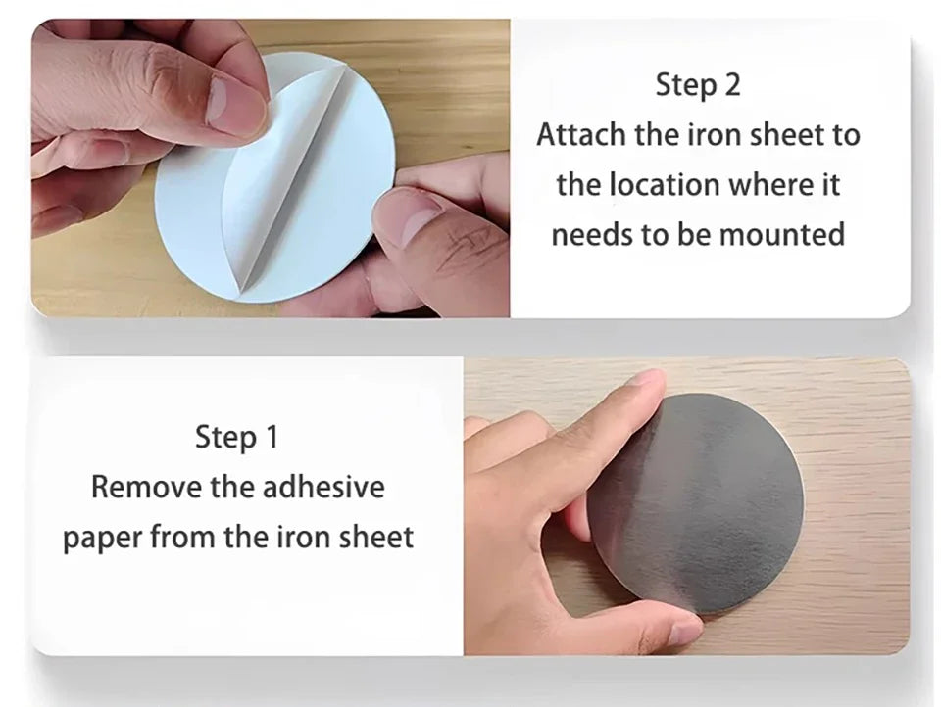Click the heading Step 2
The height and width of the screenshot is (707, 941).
point(697,84)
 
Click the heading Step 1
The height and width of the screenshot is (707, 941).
point(237,437)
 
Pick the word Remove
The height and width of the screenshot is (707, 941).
point(146,487)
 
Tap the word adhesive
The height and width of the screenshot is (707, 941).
point(323,487)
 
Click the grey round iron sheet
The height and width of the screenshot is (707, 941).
point(696,503)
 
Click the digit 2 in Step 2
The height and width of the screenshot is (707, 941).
point(732,84)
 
